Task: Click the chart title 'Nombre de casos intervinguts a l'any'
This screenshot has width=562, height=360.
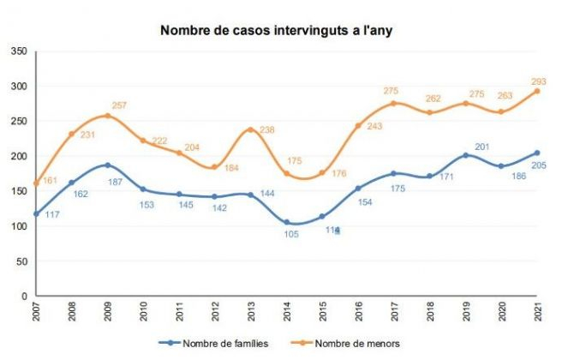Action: [x=280, y=32]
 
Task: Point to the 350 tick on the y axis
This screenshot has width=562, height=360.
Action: [x=20, y=51]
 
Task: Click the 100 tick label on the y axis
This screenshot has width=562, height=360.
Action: [x=20, y=226]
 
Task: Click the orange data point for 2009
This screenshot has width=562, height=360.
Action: [x=108, y=116]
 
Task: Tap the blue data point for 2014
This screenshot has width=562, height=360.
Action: [x=287, y=222]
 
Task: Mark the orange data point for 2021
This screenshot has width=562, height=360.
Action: [x=537, y=91]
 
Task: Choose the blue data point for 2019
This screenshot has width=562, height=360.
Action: [x=466, y=155]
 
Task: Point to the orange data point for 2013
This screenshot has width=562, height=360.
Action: [x=251, y=129]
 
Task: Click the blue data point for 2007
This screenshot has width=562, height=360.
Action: [x=36, y=213]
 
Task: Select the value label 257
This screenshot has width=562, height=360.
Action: [x=119, y=105]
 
